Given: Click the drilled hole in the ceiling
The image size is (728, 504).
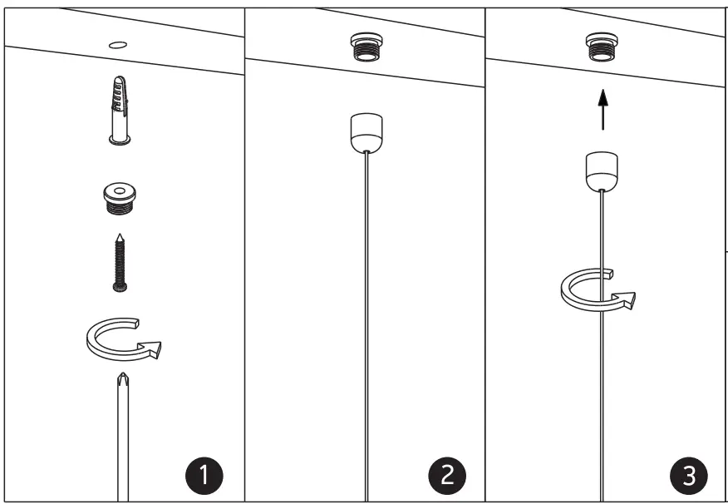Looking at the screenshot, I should pyautogui.click(x=118, y=44).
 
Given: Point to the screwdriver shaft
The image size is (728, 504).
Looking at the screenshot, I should pyautogui.click(x=122, y=449).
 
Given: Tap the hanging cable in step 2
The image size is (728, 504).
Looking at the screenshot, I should pyautogui.click(x=365, y=333).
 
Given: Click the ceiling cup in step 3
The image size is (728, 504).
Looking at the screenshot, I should pyautogui.click(x=600, y=172).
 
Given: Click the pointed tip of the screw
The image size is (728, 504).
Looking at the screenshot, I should pyautogui.click(x=121, y=238).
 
